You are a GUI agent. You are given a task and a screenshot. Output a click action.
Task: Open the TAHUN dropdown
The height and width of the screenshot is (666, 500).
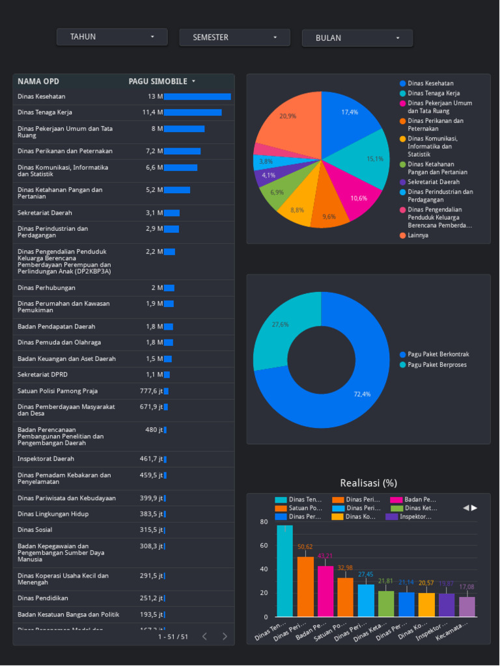[x=112, y=37]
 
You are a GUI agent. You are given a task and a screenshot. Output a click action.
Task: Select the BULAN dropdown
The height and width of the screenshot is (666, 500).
[x=357, y=38]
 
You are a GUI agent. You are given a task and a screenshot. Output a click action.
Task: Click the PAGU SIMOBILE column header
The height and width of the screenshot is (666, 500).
[x=158, y=81]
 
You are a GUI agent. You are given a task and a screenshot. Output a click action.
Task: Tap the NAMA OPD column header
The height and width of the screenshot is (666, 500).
[x=38, y=81]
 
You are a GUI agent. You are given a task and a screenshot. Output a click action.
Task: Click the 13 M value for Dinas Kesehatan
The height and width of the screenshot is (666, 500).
[x=155, y=96]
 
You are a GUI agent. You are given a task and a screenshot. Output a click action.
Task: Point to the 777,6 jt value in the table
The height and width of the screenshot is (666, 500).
[x=151, y=391]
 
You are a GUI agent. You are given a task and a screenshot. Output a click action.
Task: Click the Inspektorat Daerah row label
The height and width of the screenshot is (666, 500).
[x=46, y=459]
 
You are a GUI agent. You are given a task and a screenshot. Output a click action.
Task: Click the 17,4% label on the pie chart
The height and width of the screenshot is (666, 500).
[x=350, y=112]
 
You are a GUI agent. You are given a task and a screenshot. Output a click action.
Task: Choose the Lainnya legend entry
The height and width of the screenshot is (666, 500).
[x=418, y=235]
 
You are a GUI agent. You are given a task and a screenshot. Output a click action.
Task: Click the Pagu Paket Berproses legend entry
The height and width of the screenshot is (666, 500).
[x=437, y=365]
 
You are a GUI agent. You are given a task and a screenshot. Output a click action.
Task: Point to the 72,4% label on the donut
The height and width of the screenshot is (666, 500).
[x=362, y=394]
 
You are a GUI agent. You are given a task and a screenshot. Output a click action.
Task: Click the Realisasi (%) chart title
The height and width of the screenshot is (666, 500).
[x=368, y=483]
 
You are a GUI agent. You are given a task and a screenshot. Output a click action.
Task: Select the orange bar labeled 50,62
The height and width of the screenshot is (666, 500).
[x=305, y=585]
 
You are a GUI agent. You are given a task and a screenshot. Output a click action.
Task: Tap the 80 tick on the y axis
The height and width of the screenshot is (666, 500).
[x=264, y=522]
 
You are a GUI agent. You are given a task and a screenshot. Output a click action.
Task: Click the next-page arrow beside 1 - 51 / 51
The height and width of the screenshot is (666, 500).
[x=225, y=637]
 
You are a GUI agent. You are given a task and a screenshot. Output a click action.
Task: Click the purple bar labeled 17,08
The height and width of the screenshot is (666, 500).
[x=467, y=606]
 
